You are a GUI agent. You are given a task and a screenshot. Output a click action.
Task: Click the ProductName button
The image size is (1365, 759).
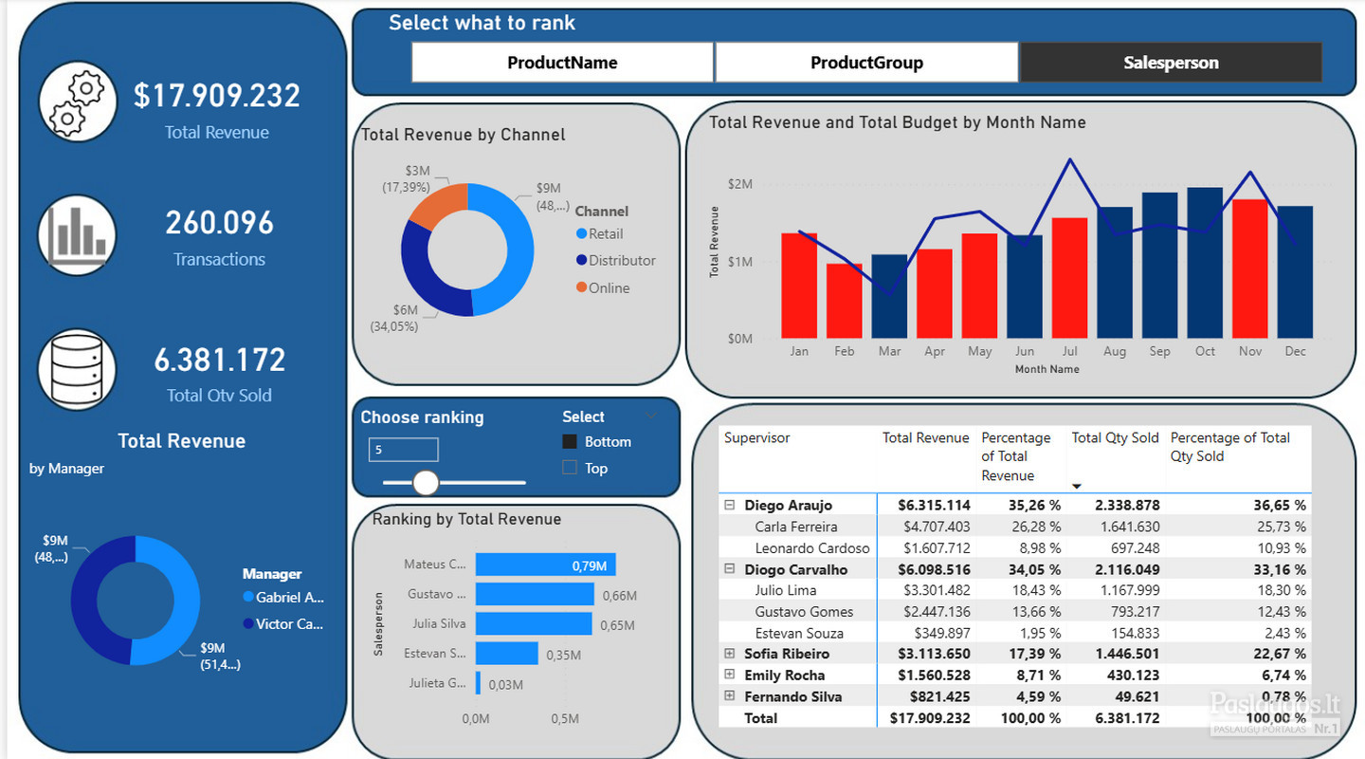562,63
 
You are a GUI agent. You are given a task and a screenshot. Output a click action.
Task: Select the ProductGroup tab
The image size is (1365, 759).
866,63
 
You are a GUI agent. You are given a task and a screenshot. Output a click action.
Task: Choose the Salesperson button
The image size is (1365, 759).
1171,63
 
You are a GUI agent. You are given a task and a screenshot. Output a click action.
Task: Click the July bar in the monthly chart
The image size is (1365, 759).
1069,278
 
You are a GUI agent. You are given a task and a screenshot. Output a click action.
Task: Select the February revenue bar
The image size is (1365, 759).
844,301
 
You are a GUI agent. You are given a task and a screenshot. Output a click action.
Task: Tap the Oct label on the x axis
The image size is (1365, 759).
1205,351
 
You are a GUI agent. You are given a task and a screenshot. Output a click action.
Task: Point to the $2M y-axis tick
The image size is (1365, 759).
739,184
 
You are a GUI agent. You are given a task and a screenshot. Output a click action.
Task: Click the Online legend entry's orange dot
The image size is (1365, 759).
581,287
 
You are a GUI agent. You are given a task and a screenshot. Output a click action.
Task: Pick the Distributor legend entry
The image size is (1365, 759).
615,261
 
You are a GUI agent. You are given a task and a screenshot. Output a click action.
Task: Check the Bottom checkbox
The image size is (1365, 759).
569,442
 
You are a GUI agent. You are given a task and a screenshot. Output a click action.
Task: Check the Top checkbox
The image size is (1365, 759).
569,468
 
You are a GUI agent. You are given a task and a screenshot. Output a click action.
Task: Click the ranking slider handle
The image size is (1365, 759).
426,483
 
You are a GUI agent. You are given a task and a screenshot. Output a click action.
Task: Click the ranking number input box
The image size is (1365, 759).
403,450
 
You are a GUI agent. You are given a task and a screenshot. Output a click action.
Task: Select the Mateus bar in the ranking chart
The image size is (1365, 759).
545,565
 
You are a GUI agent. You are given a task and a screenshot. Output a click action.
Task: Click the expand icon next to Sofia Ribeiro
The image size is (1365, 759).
729,654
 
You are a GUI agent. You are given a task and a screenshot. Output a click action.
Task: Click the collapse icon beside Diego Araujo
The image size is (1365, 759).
729,505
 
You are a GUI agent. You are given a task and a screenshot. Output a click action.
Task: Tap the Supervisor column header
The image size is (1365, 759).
756,438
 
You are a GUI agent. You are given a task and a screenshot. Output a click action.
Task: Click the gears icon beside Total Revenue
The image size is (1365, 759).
78,102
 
